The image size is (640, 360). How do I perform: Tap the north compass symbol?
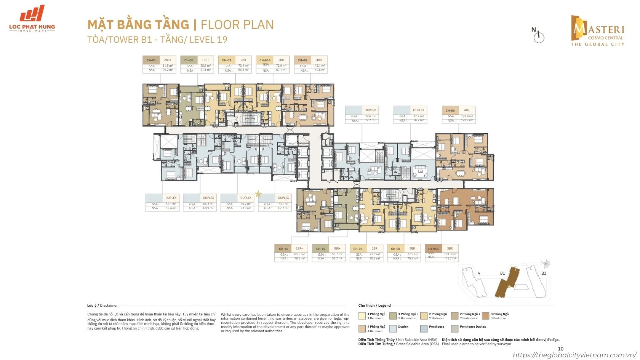pos(539,37)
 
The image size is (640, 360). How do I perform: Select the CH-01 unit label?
pos(151,60)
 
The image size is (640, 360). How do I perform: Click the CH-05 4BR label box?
pos(310,60)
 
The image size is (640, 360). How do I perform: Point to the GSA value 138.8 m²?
pos(467,116)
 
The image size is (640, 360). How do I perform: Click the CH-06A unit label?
pos(434,248)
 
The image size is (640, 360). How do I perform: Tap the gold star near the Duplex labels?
pos(258,194)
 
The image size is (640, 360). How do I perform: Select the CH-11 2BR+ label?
pos(290,248)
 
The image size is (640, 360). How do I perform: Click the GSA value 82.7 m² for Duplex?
pos(418,116)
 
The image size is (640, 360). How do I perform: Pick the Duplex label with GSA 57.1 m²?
pos(162,198)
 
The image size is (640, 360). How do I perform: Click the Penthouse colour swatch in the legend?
pos(424,328)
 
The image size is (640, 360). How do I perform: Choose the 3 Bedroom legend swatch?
pos(485,316)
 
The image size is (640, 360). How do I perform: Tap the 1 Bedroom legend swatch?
pos(362,316)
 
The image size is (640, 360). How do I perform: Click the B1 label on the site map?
pos(502,273)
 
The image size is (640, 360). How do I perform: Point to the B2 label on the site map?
pos(544,273)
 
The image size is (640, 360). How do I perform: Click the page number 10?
pos(560,349)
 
